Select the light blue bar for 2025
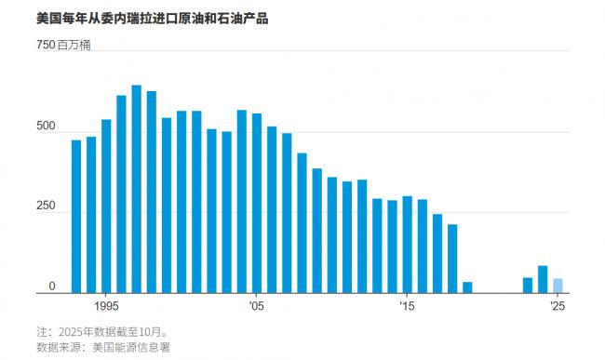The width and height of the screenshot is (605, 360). (x=558, y=286)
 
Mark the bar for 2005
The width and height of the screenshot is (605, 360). (x=257, y=204)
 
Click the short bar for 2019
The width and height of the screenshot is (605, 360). (x=467, y=287)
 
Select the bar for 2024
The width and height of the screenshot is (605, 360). (x=543, y=279)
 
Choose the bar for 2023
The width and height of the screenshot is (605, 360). (x=528, y=286)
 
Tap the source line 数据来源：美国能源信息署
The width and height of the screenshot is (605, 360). (x=102, y=347)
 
